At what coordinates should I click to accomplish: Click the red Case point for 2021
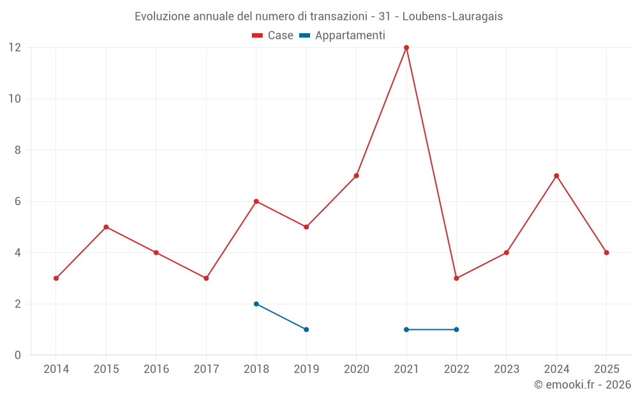(x=406, y=48)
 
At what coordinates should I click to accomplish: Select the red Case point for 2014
(x=56, y=278)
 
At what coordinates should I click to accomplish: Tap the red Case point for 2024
(x=556, y=176)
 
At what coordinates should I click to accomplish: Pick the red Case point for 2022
(x=456, y=278)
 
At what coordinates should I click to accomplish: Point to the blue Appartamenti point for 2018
(x=256, y=304)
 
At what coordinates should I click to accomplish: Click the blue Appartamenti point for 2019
(x=306, y=329)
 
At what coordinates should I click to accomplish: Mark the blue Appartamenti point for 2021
(x=406, y=329)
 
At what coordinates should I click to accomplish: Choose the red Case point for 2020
(x=357, y=176)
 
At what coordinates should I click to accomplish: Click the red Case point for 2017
(x=206, y=278)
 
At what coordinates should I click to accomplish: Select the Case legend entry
(x=272, y=35)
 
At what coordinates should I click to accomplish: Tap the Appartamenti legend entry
(x=342, y=35)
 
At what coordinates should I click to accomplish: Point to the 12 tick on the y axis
(x=15, y=48)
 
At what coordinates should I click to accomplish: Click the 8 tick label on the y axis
(x=17, y=150)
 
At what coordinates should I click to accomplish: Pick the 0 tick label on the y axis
(x=17, y=355)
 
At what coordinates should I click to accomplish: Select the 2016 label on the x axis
(x=156, y=369)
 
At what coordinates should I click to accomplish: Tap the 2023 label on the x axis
(x=507, y=369)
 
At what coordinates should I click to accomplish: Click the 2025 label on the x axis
(x=607, y=369)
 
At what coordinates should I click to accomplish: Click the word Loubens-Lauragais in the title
(x=452, y=17)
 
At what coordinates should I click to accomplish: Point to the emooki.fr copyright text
(x=582, y=384)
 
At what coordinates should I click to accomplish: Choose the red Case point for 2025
(x=607, y=253)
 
